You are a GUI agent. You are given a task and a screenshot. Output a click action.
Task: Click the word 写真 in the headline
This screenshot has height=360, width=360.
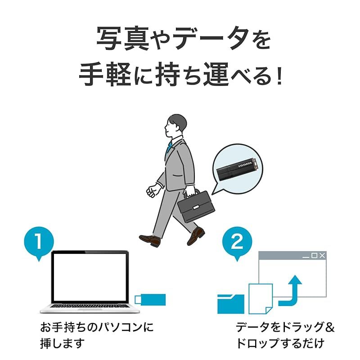pyautogui.click(x=122, y=38)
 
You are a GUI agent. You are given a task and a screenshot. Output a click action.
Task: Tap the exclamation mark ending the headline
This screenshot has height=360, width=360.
pyautogui.click(x=279, y=75)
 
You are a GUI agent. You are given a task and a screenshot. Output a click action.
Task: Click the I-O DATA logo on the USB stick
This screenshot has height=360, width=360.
pyautogui.click(x=245, y=164)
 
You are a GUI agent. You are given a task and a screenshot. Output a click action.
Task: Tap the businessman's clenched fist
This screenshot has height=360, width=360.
pyautogui.click(x=151, y=192)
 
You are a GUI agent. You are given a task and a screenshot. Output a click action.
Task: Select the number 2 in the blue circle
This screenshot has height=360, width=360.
pyautogui.click(x=237, y=241)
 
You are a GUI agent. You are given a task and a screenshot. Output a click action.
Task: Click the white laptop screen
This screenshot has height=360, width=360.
pyautogui.click(x=90, y=277)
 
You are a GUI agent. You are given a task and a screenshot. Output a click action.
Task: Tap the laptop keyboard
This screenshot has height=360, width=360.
pyautogui.click(x=90, y=306)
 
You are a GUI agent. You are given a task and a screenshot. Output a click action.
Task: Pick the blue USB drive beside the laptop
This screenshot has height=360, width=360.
pyautogui.click(x=150, y=300)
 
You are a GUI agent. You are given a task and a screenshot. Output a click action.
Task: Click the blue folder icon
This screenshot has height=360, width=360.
pyautogui.click(x=231, y=304)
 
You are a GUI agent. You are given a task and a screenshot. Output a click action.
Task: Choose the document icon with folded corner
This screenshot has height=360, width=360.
pyautogui.click(x=261, y=299)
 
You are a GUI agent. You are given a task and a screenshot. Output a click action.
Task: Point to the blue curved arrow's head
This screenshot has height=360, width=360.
pyautogui.click(x=295, y=279)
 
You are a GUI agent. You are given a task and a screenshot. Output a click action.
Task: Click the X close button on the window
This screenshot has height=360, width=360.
pyautogui.click(x=322, y=255)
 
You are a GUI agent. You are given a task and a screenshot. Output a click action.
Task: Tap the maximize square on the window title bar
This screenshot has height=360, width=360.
pyautogui.click(x=314, y=255)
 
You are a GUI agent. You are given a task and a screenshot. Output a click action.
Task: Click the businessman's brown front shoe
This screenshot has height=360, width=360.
pyautogui.click(x=150, y=240)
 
